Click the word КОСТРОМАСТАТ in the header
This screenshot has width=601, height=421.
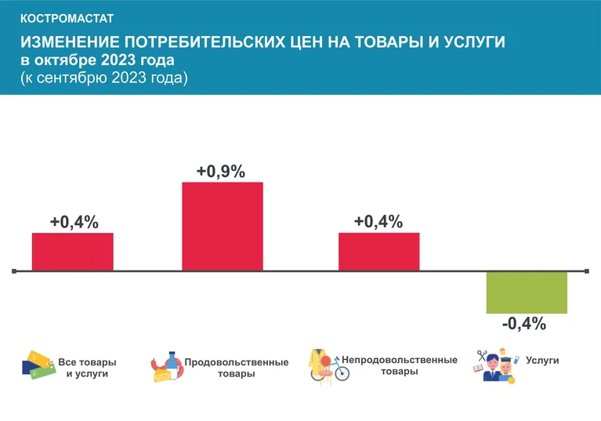(67, 18)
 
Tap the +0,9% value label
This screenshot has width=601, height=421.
(221, 172)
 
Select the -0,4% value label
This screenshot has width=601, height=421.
(524, 324)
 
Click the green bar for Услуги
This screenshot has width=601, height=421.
(527, 292)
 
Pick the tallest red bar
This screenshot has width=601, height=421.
(223, 227)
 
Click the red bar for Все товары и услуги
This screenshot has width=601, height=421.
(72, 252)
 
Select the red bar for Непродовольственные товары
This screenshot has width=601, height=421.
(378, 252)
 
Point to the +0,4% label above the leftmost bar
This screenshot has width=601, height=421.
(74, 222)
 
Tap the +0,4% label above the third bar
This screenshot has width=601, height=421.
(378, 222)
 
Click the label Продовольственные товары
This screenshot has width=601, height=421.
(237, 368)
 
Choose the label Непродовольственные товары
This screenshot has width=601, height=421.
(400, 365)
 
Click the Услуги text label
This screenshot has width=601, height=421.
(542, 361)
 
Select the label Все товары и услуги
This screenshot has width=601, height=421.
(87, 368)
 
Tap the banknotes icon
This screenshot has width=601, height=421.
(38, 365)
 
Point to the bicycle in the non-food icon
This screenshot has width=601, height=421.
(336, 369)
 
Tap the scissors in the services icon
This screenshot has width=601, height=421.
(481, 355)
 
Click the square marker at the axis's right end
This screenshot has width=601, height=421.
(587, 271)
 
